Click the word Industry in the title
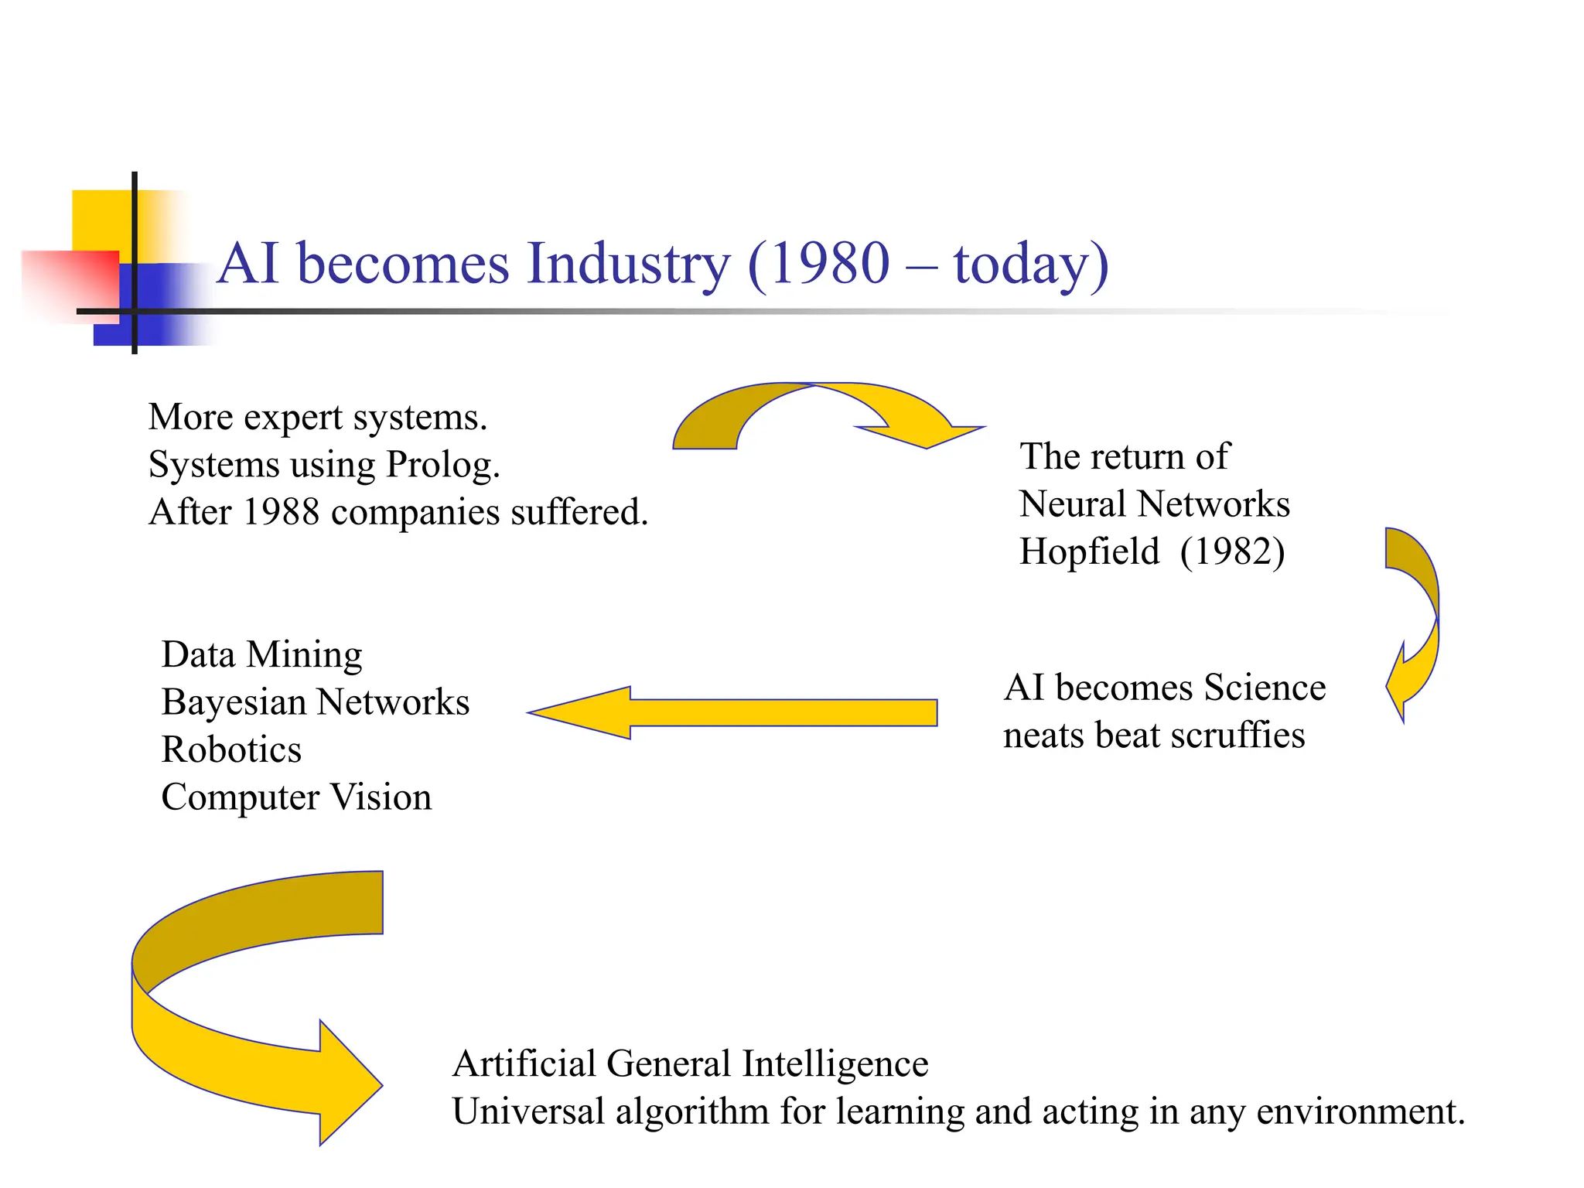point(628,264)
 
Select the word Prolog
point(442,465)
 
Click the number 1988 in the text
point(280,512)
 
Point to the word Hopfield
point(1089,551)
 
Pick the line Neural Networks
point(1154,504)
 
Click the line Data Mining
point(261,655)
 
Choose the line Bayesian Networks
point(315,702)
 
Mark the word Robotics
point(231,749)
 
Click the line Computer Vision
point(296,797)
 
